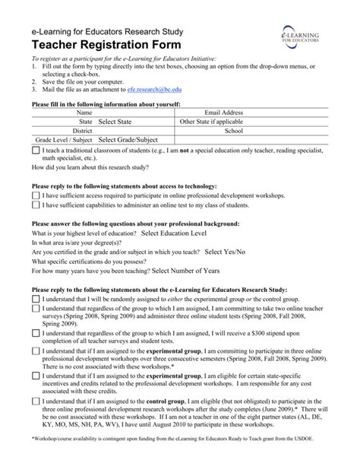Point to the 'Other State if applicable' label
[x=211, y=121]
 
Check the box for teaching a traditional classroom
[x=36, y=151]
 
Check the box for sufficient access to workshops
[x=36, y=195]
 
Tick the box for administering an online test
[x=36, y=204]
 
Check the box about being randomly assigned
[x=36, y=300]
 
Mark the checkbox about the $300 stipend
[x=36, y=332]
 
